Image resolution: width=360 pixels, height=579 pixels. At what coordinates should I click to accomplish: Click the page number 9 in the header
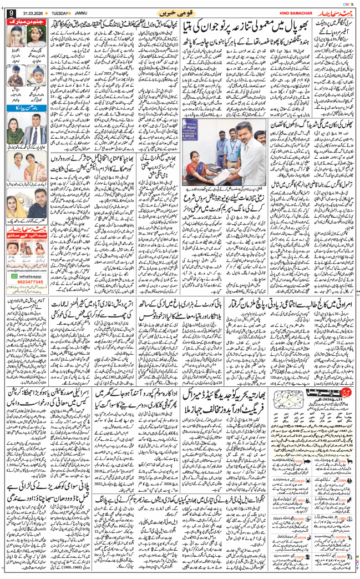tap(11, 12)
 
